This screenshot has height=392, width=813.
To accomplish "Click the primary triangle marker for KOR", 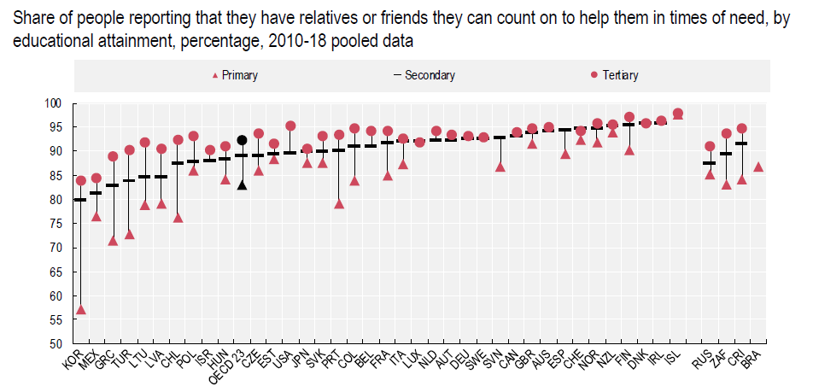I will coord(81,309).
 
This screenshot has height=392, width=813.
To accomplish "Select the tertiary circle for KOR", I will coord(81,180).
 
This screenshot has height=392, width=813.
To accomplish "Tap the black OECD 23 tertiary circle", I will coord(242,140).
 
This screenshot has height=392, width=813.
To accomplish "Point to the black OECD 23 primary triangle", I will coord(242,184).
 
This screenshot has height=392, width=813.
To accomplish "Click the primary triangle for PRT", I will coord(339,203).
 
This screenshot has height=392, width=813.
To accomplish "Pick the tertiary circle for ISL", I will coord(677,114).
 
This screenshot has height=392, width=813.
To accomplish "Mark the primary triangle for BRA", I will coord(758,167).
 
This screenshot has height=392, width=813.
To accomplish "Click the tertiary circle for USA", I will coord(290,126).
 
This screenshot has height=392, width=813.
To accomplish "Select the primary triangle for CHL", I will coord(178,217).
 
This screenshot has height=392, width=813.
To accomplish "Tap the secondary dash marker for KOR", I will coord(81,200).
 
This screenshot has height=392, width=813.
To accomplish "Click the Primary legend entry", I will coord(235,75).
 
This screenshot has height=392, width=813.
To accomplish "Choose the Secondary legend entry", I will coord(424,75).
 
